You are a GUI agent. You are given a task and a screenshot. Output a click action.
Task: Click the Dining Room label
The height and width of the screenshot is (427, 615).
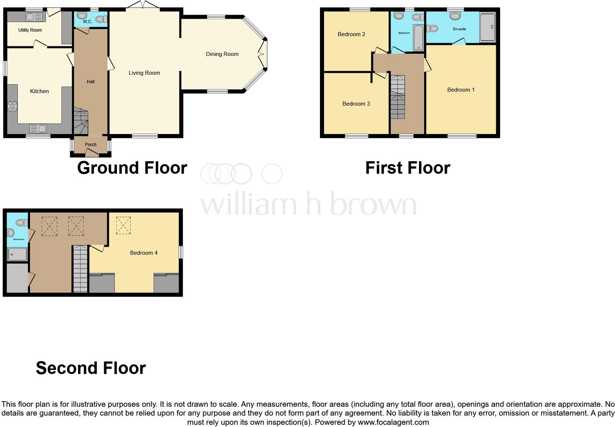click(222, 54)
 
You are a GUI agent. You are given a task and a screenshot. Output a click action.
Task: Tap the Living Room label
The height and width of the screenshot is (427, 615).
click(144, 73)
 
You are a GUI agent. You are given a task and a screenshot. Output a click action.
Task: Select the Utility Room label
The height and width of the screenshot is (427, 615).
click(30, 30)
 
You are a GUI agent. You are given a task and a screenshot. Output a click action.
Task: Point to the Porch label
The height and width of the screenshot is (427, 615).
click(90, 145)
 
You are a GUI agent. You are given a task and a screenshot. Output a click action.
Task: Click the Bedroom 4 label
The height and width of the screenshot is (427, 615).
click(144, 253)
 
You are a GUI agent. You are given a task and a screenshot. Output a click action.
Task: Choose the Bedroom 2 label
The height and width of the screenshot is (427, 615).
click(351, 34)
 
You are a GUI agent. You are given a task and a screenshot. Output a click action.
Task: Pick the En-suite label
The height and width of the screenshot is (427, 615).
click(459, 29)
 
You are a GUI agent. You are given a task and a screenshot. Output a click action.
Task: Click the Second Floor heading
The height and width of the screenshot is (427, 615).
click(91, 368)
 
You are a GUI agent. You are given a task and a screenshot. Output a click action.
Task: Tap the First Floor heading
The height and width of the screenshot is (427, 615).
click(408, 168)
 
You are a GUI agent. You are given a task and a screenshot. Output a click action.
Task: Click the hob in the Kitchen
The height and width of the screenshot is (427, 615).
click(13, 106)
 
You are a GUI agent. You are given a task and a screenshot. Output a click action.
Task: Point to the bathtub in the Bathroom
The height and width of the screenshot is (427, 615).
click(418, 37)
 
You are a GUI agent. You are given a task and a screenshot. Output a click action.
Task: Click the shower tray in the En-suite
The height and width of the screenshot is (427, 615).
click(488, 27)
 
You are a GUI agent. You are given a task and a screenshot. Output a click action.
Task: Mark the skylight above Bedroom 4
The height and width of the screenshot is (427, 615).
click(123, 225)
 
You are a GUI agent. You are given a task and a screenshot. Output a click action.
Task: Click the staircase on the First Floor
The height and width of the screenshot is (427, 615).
click(397, 97)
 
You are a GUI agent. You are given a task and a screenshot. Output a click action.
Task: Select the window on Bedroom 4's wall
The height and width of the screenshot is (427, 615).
click(181, 253)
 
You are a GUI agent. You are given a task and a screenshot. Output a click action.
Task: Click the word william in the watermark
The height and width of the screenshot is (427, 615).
click(248, 205)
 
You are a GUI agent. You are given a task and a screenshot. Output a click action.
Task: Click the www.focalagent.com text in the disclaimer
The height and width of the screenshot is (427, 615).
click(393, 422)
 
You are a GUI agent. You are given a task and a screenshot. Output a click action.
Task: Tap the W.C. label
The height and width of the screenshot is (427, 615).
click(88, 22)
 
